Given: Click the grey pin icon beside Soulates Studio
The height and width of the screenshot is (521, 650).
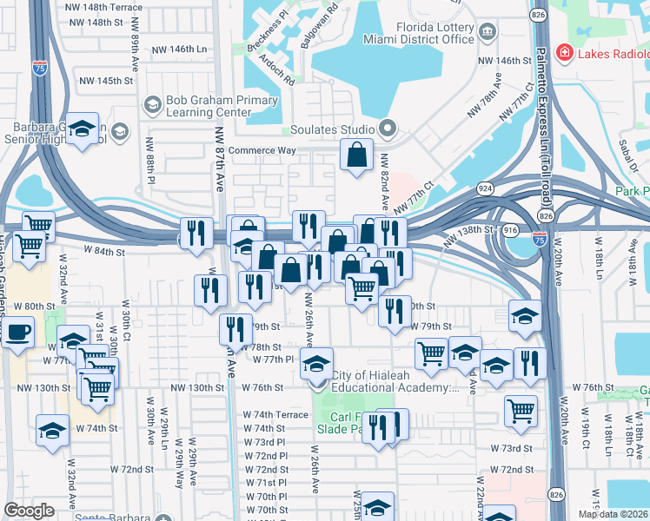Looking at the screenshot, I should [387, 130].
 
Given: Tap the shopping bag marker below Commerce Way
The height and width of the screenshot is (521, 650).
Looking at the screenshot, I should [356, 156].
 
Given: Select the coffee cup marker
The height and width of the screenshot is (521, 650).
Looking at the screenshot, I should [17, 331].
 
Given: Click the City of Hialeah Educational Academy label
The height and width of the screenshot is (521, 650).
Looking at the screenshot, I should [395, 382].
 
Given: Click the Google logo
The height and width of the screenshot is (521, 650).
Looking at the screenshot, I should [29, 511].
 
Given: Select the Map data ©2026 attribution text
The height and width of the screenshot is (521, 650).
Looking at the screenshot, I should [612, 514].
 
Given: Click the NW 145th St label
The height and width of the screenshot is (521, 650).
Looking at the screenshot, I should [106, 81].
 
